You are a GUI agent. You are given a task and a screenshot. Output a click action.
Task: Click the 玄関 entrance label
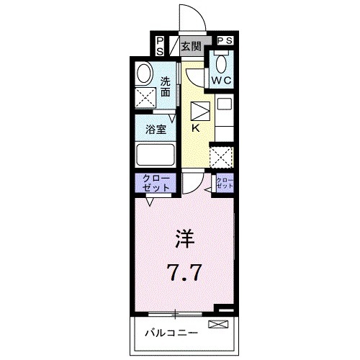190,48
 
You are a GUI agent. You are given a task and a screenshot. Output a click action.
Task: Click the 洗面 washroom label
166,86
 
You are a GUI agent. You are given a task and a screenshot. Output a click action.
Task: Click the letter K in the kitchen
196,129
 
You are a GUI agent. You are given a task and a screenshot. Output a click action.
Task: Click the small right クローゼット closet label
225,182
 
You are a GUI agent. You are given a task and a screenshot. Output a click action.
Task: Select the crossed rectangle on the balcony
216,325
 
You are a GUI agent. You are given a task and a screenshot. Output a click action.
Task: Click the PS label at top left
159,46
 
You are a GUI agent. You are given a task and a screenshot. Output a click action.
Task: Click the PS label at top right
224,41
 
